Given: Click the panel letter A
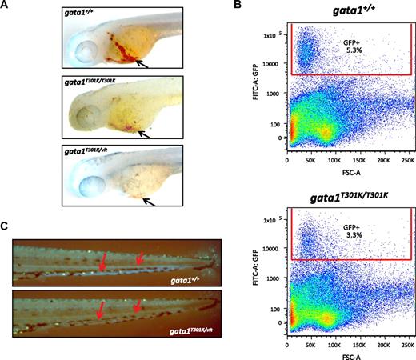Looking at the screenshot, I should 6,6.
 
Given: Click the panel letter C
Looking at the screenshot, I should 6,226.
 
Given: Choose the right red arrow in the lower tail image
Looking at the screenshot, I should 138,306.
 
